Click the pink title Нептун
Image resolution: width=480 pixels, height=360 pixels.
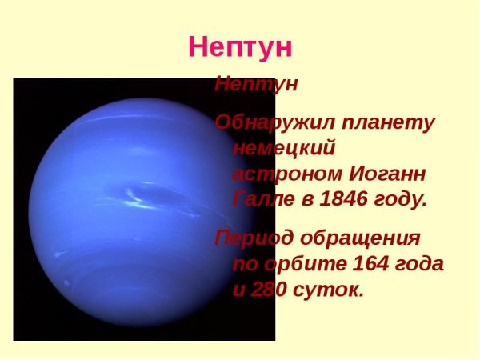(240, 47)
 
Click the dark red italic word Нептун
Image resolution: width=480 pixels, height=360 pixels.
(256, 85)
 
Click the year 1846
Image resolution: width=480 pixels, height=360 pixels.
(343, 199)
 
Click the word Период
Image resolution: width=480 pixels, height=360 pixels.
(250, 238)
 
